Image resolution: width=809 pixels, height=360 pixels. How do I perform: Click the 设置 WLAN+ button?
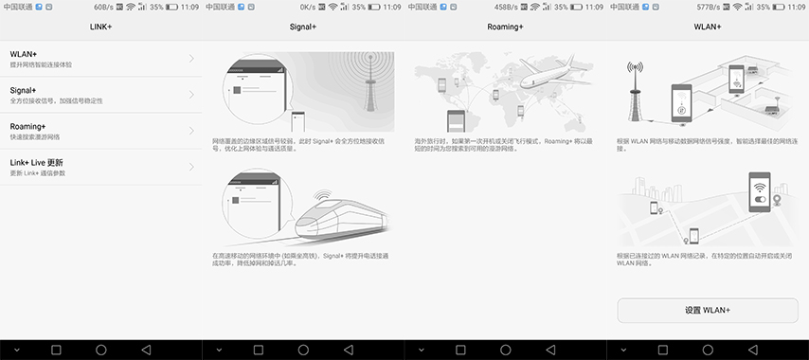click(x=708, y=310)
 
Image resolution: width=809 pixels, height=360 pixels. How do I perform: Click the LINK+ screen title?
click(x=100, y=27)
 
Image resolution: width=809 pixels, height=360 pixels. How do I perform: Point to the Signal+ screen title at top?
click(x=303, y=27)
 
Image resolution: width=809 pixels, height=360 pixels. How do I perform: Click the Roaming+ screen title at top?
click(x=505, y=27)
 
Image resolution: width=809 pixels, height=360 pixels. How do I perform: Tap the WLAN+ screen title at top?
click(x=708, y=27)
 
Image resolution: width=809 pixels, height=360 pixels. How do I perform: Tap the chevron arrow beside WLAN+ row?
click(x=191, y=59)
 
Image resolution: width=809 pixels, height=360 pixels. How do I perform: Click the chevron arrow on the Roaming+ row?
click(x=191, y=131)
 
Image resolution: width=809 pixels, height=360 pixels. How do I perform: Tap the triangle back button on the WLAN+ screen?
click(x=752, y=350)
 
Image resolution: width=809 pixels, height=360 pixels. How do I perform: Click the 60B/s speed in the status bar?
click(x=103, y=7)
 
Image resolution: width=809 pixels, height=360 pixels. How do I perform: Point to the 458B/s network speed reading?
click(x=507, y=7)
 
